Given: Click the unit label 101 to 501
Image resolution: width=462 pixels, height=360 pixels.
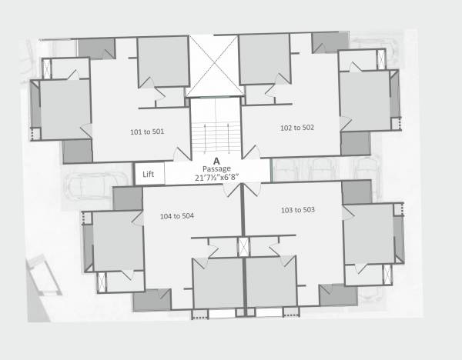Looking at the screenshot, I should [147, 132].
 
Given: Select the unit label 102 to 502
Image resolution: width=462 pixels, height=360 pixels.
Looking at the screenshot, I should [297, 128].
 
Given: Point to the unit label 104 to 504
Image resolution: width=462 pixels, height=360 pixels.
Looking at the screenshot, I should [176, 215].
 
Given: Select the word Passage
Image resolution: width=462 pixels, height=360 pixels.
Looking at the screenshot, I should [217, 168].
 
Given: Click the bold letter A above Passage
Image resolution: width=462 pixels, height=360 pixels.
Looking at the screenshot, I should [216, 160].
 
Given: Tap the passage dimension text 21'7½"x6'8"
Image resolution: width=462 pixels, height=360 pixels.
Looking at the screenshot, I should [216, 178].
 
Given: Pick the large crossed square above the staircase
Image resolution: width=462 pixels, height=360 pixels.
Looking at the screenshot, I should [215, 66].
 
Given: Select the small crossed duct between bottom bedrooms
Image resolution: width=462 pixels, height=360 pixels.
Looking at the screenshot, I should [243, 248].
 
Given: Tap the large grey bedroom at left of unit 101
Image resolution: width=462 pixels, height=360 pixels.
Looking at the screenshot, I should [65, 108].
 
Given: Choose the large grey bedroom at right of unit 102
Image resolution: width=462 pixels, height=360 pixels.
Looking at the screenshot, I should [365, 100].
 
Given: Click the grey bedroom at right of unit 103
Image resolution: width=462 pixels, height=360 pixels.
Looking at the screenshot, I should [368, 234].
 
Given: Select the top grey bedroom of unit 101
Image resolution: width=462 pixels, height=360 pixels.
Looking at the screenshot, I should [162, 62].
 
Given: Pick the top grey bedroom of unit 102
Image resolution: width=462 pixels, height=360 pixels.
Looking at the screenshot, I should [263, 58].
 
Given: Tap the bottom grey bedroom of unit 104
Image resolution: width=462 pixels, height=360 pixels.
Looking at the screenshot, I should [218, 282].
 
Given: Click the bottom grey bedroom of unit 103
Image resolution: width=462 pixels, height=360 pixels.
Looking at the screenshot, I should [271, 282].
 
